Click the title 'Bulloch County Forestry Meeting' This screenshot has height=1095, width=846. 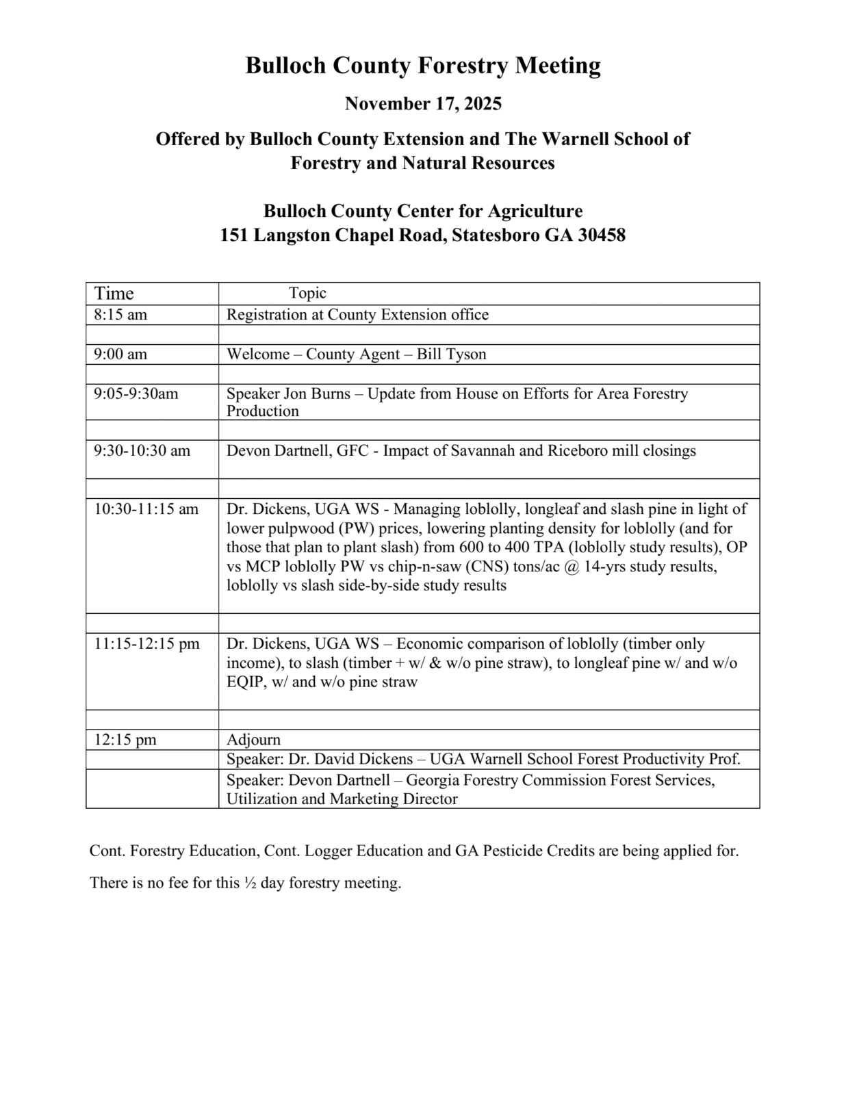point(423,66)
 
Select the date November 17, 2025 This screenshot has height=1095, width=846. point(423,104)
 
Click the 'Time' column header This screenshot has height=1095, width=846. point(114,294)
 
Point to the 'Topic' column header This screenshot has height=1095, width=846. point(307,293)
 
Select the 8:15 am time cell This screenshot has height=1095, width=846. point(120,315)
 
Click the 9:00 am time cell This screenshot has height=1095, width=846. point(120,355)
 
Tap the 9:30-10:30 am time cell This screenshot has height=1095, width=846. point(142,451)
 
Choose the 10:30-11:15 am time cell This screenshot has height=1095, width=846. point(146,509)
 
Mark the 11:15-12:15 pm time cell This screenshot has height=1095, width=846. point(147,644)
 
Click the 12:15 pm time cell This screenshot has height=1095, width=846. point(125,740)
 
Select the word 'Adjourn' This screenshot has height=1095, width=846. point(253,740)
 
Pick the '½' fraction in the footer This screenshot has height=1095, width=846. point(250,883)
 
